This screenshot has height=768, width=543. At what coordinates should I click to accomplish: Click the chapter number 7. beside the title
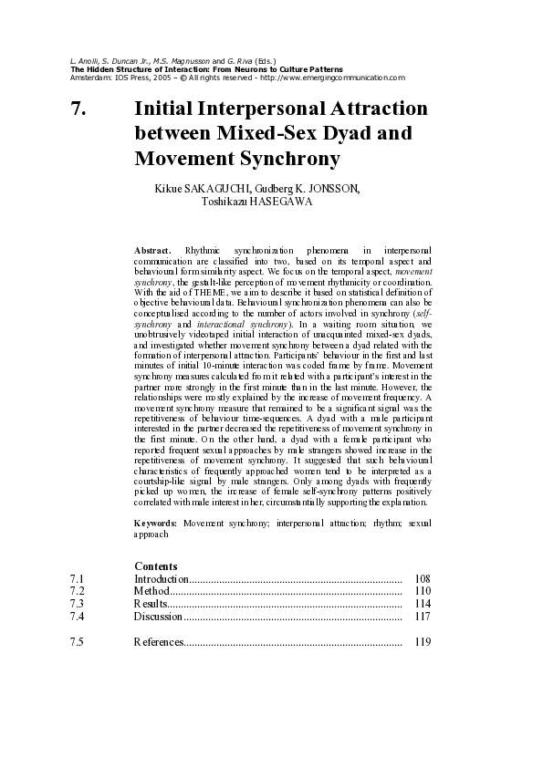point(78,109)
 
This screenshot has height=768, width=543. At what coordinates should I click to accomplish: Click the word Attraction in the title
point(374,109)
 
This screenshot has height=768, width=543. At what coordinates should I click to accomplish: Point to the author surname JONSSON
point(336,189)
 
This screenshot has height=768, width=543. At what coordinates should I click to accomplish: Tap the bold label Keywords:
point(155,524)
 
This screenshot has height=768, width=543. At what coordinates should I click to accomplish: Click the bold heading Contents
point(156,566)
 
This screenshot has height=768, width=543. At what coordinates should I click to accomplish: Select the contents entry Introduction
point(162,578)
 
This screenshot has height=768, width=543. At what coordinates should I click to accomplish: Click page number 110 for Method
point(422,591)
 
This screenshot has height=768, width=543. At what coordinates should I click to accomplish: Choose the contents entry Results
point(151,604)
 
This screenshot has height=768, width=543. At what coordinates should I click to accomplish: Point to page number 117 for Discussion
point(422,617)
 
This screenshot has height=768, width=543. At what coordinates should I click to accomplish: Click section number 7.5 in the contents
point(77,642)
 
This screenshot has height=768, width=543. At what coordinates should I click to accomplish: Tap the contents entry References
point(159,642)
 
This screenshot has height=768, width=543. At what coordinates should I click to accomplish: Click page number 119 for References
point(422,642)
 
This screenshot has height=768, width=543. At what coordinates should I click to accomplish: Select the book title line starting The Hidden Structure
point(206,69)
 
